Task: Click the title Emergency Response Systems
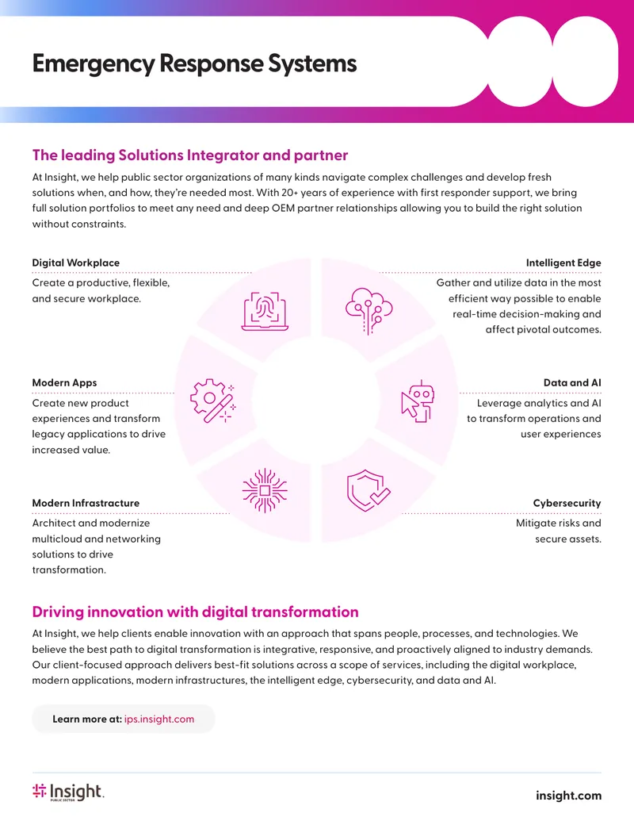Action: tap(194, 64)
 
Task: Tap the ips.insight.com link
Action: tap(159, 719)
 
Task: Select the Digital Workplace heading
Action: tap(76, 263)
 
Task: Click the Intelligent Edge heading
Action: tap(563, 263)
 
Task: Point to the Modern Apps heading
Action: tap(64, 383)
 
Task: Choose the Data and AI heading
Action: tap(572, 383)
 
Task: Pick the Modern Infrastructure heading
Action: tap(86, 503)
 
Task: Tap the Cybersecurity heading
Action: tap(567, 503)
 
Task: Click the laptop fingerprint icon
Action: tap(265, 311)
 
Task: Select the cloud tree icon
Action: tap(369, 310)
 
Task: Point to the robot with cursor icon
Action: tap(418, 401)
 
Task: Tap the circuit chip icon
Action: tap(265, 490)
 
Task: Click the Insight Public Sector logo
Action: tap(68, 792)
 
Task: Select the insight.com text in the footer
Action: tap(568, 796)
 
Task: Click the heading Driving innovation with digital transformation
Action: tap(195, 612)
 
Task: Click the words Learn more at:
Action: tap(87, 719)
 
